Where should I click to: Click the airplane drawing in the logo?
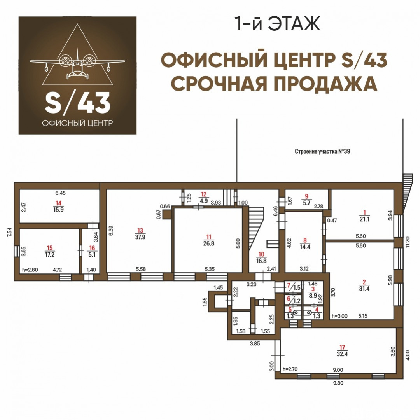(77, 63)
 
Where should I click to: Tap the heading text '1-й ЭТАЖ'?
(277, 24)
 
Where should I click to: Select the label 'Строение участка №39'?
(322, 151)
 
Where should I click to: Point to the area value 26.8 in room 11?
(209, 243)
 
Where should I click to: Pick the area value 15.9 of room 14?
(58, 210)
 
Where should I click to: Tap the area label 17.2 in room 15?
(50, 254)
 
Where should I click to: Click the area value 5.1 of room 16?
(92, 255)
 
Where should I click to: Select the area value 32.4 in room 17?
(342, 354)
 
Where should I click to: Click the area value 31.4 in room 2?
(364, 289)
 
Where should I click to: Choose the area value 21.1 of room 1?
(364, 219)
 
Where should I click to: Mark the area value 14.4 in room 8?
(305, 247)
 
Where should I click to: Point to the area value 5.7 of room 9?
(306, 203)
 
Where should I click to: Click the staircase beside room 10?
(255, 227)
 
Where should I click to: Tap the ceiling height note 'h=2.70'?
(290, 369)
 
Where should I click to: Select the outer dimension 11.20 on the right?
(408, 242)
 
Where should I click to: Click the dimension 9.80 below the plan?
(338, 383)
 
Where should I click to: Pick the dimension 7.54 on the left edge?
(10, 232)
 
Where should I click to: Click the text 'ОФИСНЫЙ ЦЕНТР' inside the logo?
(77, 123)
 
